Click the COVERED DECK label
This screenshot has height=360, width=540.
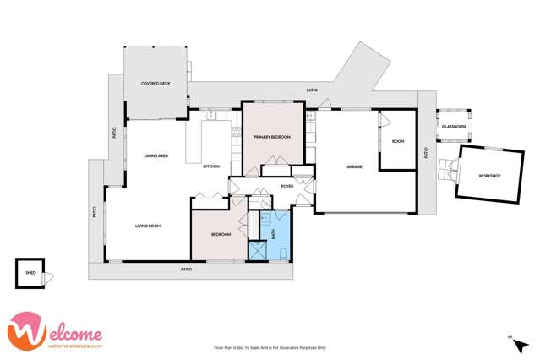[155, 84]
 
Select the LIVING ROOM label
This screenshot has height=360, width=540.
[148, 226]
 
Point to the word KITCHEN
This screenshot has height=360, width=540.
[211, 166]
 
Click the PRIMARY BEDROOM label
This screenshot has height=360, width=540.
[272, 136]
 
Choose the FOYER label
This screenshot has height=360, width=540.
[287, 186]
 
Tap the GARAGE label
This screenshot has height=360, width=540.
[354, 166]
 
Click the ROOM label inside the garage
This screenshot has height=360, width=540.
[398, 141]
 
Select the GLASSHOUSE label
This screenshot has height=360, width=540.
[454, 127]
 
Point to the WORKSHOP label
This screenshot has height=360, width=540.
[489, 176]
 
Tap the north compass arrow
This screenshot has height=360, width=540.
[510, 338]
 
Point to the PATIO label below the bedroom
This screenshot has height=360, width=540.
[186, 270]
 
